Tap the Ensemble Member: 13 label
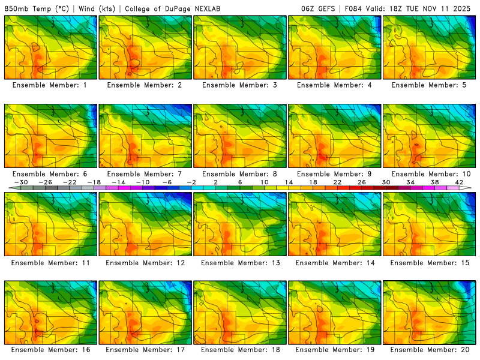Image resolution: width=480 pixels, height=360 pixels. pos(241,262)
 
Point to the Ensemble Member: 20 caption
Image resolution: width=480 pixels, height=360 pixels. pos(431,349)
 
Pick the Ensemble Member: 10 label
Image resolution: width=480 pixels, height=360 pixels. pos(431,173)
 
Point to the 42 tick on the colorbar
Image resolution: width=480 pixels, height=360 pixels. pos(459,182)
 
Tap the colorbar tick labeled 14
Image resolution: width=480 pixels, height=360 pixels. pos(289,182)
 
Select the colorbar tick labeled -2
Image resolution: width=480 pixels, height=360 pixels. pos(191,182)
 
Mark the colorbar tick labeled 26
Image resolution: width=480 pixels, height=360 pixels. pos(362,182)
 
